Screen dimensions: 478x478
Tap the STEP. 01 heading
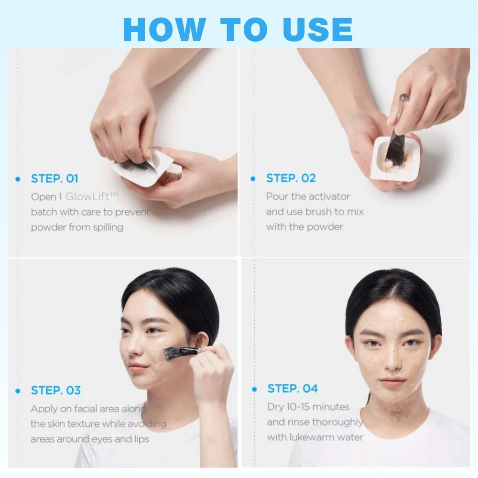[54, 179]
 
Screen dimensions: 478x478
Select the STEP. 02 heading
[291, 178]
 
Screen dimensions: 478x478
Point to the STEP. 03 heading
[56, 390]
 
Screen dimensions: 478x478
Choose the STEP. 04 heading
[293, 388]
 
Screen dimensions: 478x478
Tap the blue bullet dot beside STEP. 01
[18, 179]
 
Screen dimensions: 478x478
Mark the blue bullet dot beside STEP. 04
[254, 389]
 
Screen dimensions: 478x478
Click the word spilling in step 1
[108, 228]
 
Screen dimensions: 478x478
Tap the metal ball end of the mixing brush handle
[404, 98]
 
